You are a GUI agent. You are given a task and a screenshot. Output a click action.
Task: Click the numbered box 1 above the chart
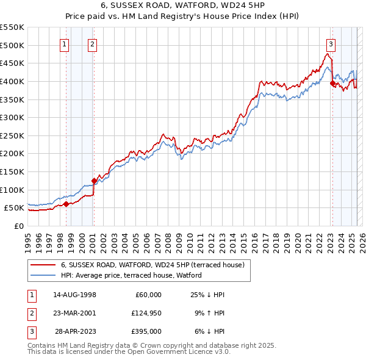coord(65,43)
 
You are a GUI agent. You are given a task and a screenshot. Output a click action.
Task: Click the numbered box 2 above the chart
coord(92,43)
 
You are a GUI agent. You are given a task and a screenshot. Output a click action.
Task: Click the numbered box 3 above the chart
coord(331,43)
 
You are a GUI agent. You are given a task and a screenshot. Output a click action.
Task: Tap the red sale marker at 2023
coord(332,84)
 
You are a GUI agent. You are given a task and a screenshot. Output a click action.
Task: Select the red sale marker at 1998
coord(66,204)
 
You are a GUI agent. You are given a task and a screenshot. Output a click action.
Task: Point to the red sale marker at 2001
coord(94,181)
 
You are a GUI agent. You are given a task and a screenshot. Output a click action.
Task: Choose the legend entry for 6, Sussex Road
coord(152,265)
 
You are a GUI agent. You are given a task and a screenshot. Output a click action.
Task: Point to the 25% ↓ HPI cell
coord(207,295)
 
